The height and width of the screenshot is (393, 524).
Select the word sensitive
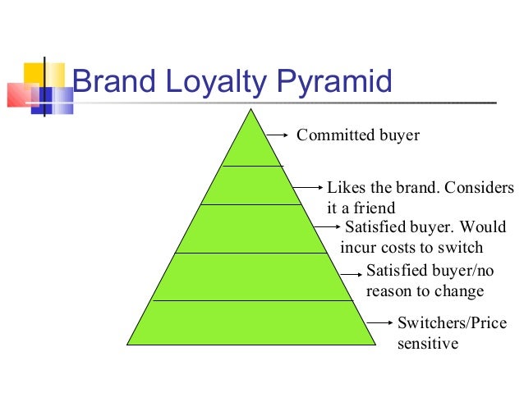[x=426, y=344]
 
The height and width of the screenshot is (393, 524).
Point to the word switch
[x=462, y=248]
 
